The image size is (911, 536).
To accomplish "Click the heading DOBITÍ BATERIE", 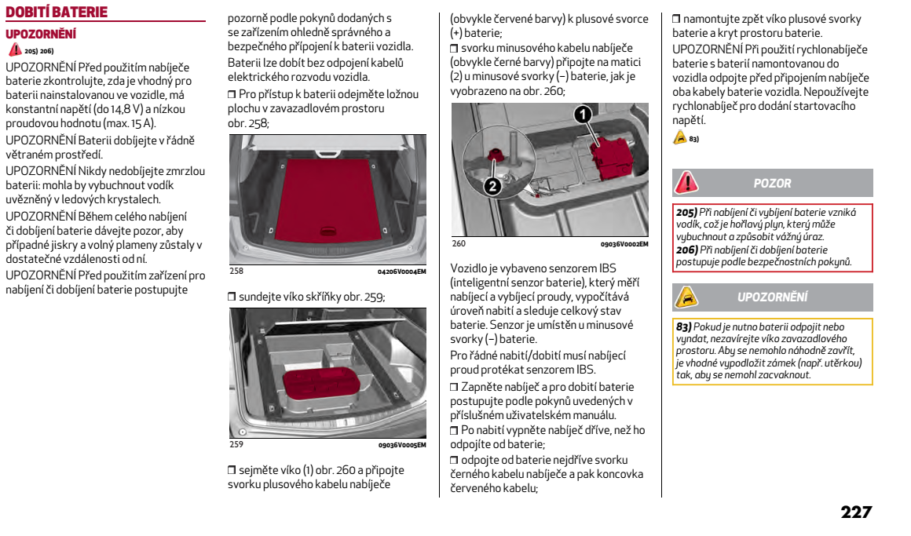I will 56,13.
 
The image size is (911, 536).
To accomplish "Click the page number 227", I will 856,512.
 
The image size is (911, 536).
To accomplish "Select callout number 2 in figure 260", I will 492,186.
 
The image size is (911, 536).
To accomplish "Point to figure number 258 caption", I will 236,272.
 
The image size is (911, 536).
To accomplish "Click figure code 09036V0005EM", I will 402,445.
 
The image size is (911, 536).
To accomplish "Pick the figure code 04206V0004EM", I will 402,272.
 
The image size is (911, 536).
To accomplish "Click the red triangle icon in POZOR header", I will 687,183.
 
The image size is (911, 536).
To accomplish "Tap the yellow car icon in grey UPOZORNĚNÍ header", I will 687,297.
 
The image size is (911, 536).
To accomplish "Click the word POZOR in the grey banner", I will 772,183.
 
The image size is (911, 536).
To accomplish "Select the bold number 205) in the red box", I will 687,213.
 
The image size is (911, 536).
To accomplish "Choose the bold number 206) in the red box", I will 687,250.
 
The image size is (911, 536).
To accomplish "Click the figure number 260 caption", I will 459,244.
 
